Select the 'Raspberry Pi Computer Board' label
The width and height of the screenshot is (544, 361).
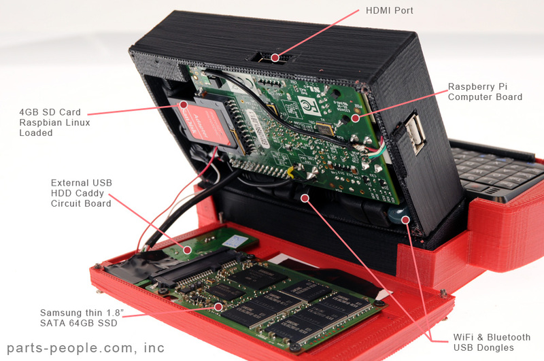coord(485,92)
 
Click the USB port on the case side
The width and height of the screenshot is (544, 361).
coord(416,134)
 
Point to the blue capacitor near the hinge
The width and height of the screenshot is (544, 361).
coord(395,218)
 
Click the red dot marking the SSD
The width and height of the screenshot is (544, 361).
coord(218,307)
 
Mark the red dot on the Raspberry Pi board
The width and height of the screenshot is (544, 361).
coord(354,117)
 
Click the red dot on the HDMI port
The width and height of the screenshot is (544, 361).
coord(275,58)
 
